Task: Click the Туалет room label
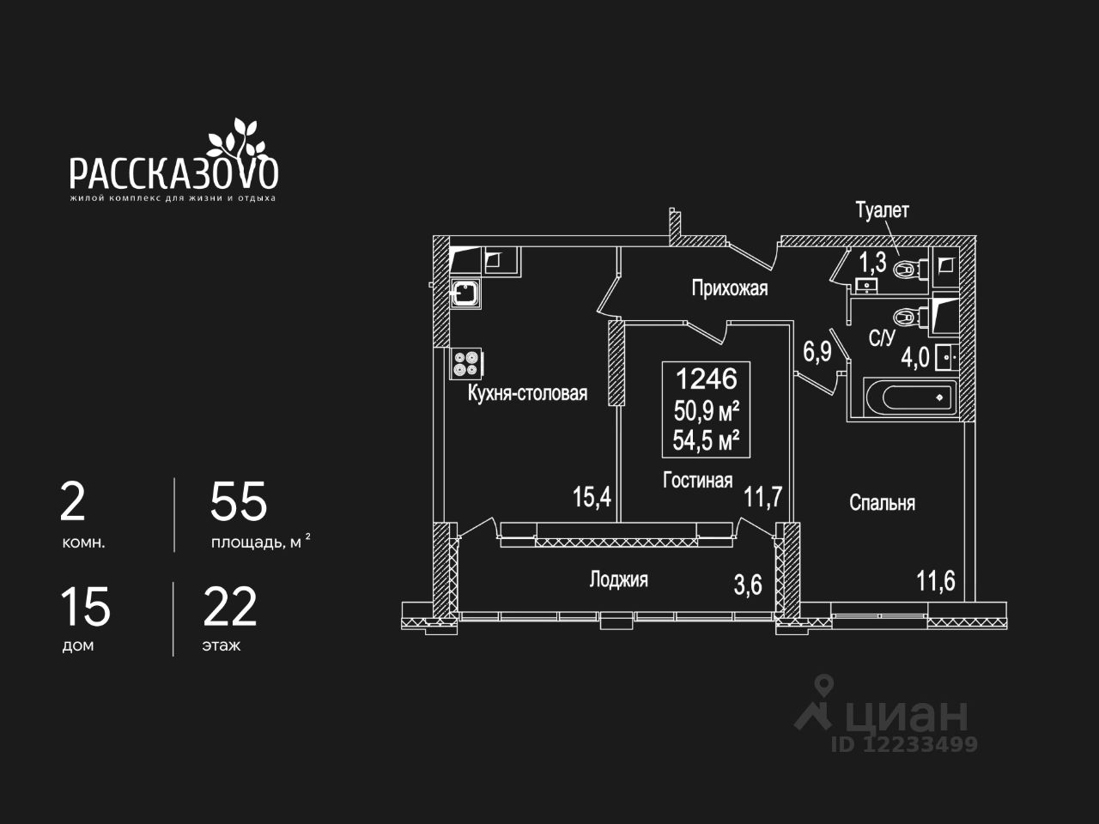882,210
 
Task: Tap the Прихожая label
729,288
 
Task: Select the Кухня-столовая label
527,393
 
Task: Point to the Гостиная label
697,480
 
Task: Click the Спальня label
882,503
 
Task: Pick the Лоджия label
618,579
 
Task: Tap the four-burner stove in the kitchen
466,363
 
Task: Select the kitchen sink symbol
466,294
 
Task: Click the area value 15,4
592,496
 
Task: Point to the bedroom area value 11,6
935,581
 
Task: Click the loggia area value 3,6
748,585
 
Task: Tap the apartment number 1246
706,378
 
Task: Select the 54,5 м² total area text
706,441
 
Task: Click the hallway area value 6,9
817,351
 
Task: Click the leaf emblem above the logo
234,136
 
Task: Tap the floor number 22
229,607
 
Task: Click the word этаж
222,645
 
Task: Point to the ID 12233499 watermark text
903,744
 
